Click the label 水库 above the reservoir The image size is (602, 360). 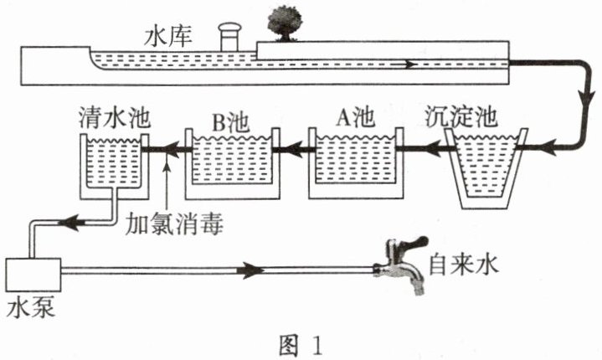(x=167, y=37)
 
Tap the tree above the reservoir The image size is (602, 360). (x=285, y=23)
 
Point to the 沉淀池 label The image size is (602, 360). (x=461, y=116)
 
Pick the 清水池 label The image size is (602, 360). (x=114, y=116)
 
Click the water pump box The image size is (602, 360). (x=33, y=275)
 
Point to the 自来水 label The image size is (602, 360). (x=463, y=264)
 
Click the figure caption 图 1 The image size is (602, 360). (x=301, y=346)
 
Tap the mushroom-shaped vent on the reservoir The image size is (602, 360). (x=229, y=37)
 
